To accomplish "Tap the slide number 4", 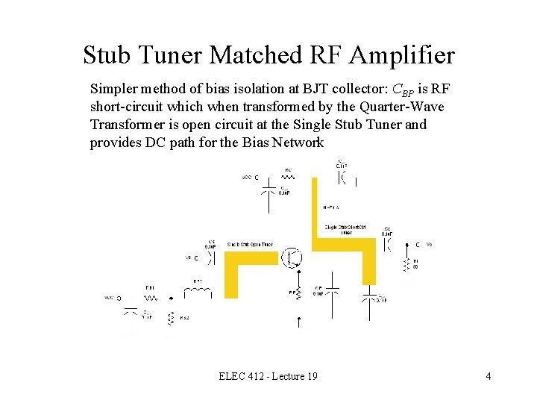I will click(x=488, y=376).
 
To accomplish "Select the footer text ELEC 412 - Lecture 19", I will click(x=268, y=376).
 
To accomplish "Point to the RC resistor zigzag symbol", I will click(x=288, y=178).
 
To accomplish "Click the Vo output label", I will click(x=429, y=244).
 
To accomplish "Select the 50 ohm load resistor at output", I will click(x=406, y=265).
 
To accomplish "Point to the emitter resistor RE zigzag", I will click(x=299, y=293).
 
